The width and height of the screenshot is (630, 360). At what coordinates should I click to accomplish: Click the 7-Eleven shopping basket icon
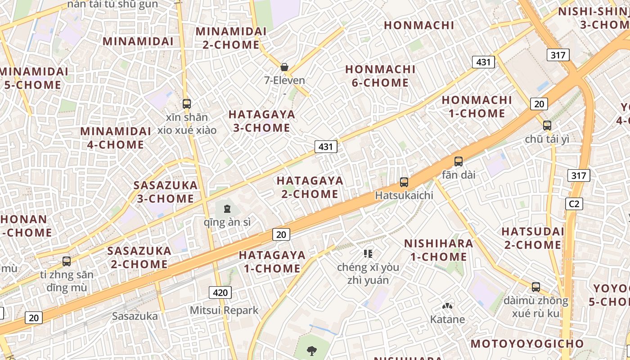coord(284,67)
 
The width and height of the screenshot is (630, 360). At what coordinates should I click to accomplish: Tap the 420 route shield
coord(220,292)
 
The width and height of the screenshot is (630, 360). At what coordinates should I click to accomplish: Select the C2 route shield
coord(574,204)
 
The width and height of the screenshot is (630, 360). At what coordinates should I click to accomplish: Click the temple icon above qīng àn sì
coord(227,209)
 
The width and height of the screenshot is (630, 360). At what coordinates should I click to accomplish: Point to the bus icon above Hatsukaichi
coord(404,182)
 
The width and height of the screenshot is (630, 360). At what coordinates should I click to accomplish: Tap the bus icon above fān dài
coord(459,161)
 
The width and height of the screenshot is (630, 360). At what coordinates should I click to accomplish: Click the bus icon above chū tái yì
coord(547,126)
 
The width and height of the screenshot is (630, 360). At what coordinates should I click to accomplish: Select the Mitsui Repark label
coord(224,310)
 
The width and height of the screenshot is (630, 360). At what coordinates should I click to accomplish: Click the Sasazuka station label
coord(135,316)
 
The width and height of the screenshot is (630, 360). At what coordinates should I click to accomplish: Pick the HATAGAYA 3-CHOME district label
coord(262,121)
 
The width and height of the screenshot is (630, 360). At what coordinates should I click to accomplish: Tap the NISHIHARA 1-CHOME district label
coord(438,250)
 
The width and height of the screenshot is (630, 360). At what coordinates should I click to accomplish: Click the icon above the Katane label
coord(447,306)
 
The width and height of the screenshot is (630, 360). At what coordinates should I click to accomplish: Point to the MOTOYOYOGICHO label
coord(527,344)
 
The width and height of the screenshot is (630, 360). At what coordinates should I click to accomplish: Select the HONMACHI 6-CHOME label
coord(380,76)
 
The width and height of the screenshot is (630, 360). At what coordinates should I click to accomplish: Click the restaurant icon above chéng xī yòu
coord(368,254)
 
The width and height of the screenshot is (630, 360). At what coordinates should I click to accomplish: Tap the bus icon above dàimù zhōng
coord(535,287)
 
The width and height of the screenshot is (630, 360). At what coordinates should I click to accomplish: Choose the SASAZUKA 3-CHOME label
coord(166,192)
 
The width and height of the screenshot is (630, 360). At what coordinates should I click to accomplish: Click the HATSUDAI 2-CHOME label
coord(532,238)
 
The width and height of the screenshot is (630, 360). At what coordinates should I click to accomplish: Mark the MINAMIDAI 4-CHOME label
coord(116,138)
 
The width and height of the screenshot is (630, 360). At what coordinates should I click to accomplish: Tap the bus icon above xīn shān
coord(187,104)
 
